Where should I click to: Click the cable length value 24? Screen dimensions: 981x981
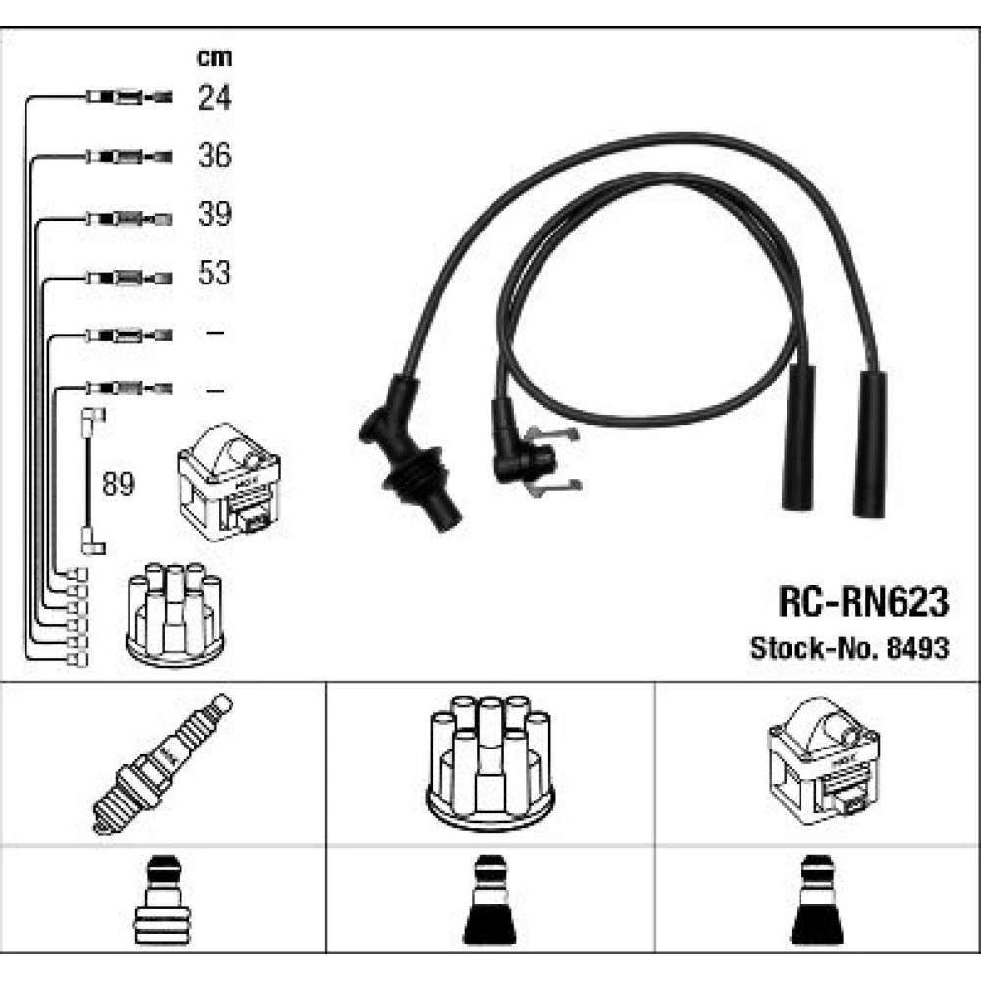tap(214, 98)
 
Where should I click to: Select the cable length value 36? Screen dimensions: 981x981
tap(214, 155)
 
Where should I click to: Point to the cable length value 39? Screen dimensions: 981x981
tap(214, 213)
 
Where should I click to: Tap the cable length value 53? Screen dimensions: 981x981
tap(214, 273)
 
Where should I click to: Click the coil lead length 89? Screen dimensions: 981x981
tap(119, 484)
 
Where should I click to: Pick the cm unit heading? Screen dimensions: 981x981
tap(214, 58)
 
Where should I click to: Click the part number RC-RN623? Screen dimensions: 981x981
tap(863, 602)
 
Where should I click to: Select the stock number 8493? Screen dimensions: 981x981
tap(918, 648)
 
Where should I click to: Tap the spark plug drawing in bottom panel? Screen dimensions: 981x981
tap(162, 763)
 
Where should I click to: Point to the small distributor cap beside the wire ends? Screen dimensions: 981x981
tap(175, 614)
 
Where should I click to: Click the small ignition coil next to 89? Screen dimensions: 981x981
tap(229, 482)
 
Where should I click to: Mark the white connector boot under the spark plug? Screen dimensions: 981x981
tap(162, 901)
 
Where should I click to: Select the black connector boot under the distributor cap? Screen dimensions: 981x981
tap(490, 901)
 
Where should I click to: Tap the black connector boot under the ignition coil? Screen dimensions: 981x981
tap(817, 901)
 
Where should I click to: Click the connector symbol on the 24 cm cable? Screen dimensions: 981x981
tap(129, 97)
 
